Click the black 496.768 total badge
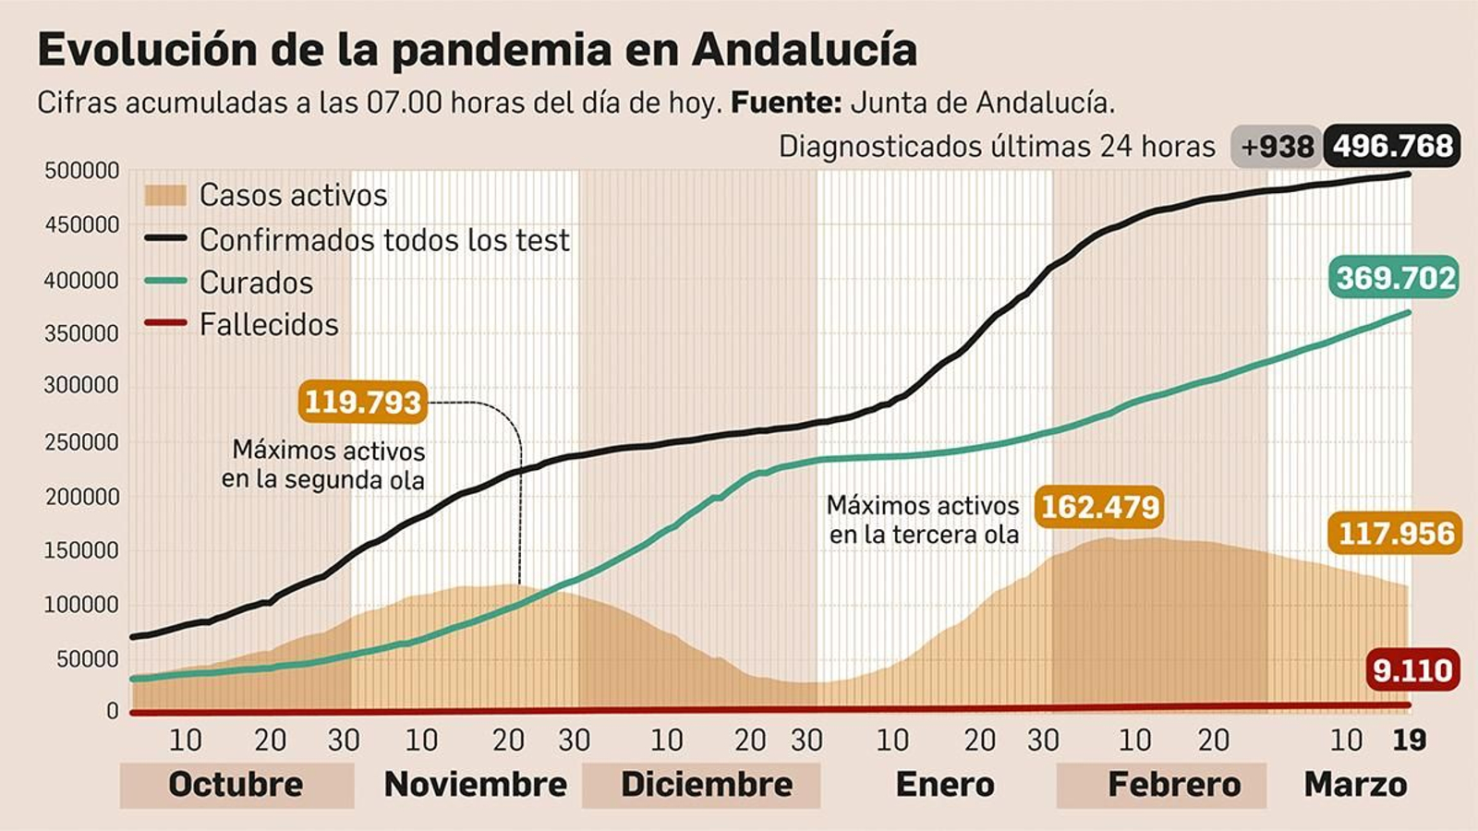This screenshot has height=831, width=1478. click(x=1392, y=146)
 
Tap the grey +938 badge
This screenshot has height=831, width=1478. click(x=1276, y=147)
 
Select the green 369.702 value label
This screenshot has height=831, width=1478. click(x=1395, y=277)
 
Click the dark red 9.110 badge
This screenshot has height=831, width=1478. click(x=1412, y=669)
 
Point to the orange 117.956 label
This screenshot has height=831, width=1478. click(x=1396, y=534)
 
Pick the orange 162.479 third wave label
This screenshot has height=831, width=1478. click(x=1099, y=507)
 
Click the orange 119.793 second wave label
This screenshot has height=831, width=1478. click(x=363, y=402)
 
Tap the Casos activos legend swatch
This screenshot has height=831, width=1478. click(x=165, y=196)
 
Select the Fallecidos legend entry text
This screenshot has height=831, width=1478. click(x=269, y=325)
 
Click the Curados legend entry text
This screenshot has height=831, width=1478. click(x=256, y=283)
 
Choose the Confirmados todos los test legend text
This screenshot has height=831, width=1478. click(x=384, y=240)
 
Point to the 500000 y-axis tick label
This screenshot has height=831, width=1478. click(x=82, y=171)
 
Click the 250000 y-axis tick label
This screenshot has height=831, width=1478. click(x=82, y=442)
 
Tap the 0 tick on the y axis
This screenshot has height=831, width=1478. click(x=113, y=711)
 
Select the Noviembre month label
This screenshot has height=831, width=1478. click(x=475, y=784)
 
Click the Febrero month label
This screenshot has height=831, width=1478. click(x=1174, y=784)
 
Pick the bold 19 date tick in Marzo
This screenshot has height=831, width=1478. click(x=1409, y=740)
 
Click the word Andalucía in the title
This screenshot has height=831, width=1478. click(x=804, y=50)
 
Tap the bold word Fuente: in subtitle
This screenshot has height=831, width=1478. click(x=786, y=102)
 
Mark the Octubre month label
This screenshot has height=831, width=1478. click(x=236, y=784)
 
